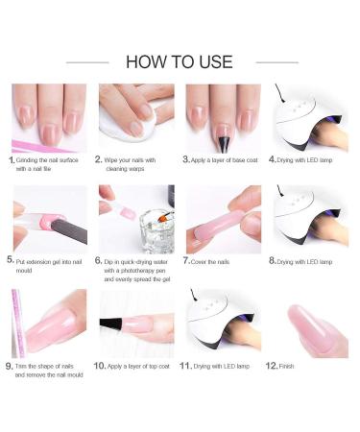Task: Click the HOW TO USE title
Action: point(180,61)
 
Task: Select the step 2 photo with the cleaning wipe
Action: point(135,118)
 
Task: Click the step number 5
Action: point(11,259)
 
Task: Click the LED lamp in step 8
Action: point(309,219)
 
